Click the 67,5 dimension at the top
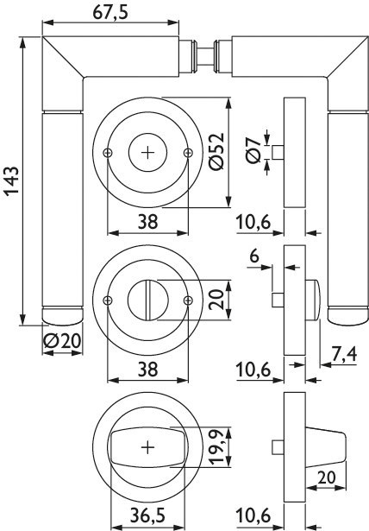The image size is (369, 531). [110, 13]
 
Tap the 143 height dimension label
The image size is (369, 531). [11, 180]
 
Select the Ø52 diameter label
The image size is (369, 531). [216, 151]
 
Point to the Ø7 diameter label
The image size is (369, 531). [254, 151]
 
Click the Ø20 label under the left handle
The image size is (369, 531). [63, 341]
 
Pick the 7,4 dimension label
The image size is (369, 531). [344, 354]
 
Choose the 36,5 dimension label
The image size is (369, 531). [147, 516]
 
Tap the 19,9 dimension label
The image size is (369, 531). [216, 446]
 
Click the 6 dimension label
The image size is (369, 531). [254, 256]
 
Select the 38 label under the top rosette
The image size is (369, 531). [147, 222]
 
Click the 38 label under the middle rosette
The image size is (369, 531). [147, 370]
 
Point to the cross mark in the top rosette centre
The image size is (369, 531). [147, 153]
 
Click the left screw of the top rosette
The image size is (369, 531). [107, 153]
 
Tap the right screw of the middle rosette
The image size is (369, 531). [188, 300]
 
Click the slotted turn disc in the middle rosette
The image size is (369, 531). [147, 300]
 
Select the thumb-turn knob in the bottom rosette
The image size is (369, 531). [147, 448]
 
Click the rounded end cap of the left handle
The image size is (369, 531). [63, 316]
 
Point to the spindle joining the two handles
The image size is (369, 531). [205, 56]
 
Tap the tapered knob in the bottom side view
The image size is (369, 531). [326, 448]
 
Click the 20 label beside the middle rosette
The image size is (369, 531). [216, 300]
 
